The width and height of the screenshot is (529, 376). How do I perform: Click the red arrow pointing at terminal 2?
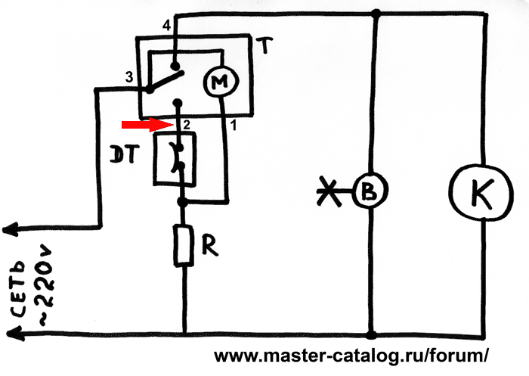(148, 125)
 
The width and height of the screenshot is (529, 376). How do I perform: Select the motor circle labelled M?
(221, 82)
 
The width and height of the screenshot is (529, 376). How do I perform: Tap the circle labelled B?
(370, 191)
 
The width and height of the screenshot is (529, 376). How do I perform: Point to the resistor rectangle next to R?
(183, 246)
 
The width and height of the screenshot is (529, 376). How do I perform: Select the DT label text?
(124, 155)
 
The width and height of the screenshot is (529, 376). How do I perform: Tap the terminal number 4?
(167, 25)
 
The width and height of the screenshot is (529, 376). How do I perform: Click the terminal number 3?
(129, 77)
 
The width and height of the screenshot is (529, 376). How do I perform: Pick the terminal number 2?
(187, 125)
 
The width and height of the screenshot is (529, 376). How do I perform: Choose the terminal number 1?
(233, 126)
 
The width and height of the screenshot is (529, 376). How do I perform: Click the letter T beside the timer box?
(264, 45)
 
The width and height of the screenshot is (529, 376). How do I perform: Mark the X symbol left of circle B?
(329, 192)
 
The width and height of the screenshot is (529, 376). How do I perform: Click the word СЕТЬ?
(19, 288)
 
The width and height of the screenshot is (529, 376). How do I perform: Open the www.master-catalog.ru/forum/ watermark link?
(351, 356)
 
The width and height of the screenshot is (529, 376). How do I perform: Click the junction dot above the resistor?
(183, 202)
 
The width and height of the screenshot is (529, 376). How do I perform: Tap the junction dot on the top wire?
(376, 14)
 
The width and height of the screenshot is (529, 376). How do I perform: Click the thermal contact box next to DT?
(175, 159)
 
